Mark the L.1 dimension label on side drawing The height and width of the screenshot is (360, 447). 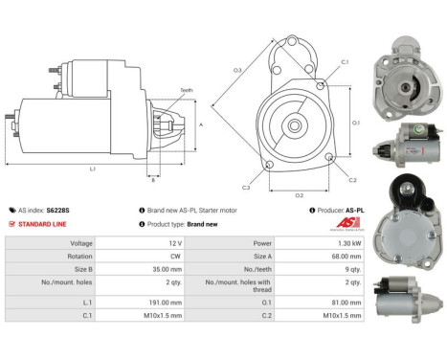tap(91, 169)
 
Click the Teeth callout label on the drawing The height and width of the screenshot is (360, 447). tap(186, 90)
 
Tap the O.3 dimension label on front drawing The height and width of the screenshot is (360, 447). tap(237, 70)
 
